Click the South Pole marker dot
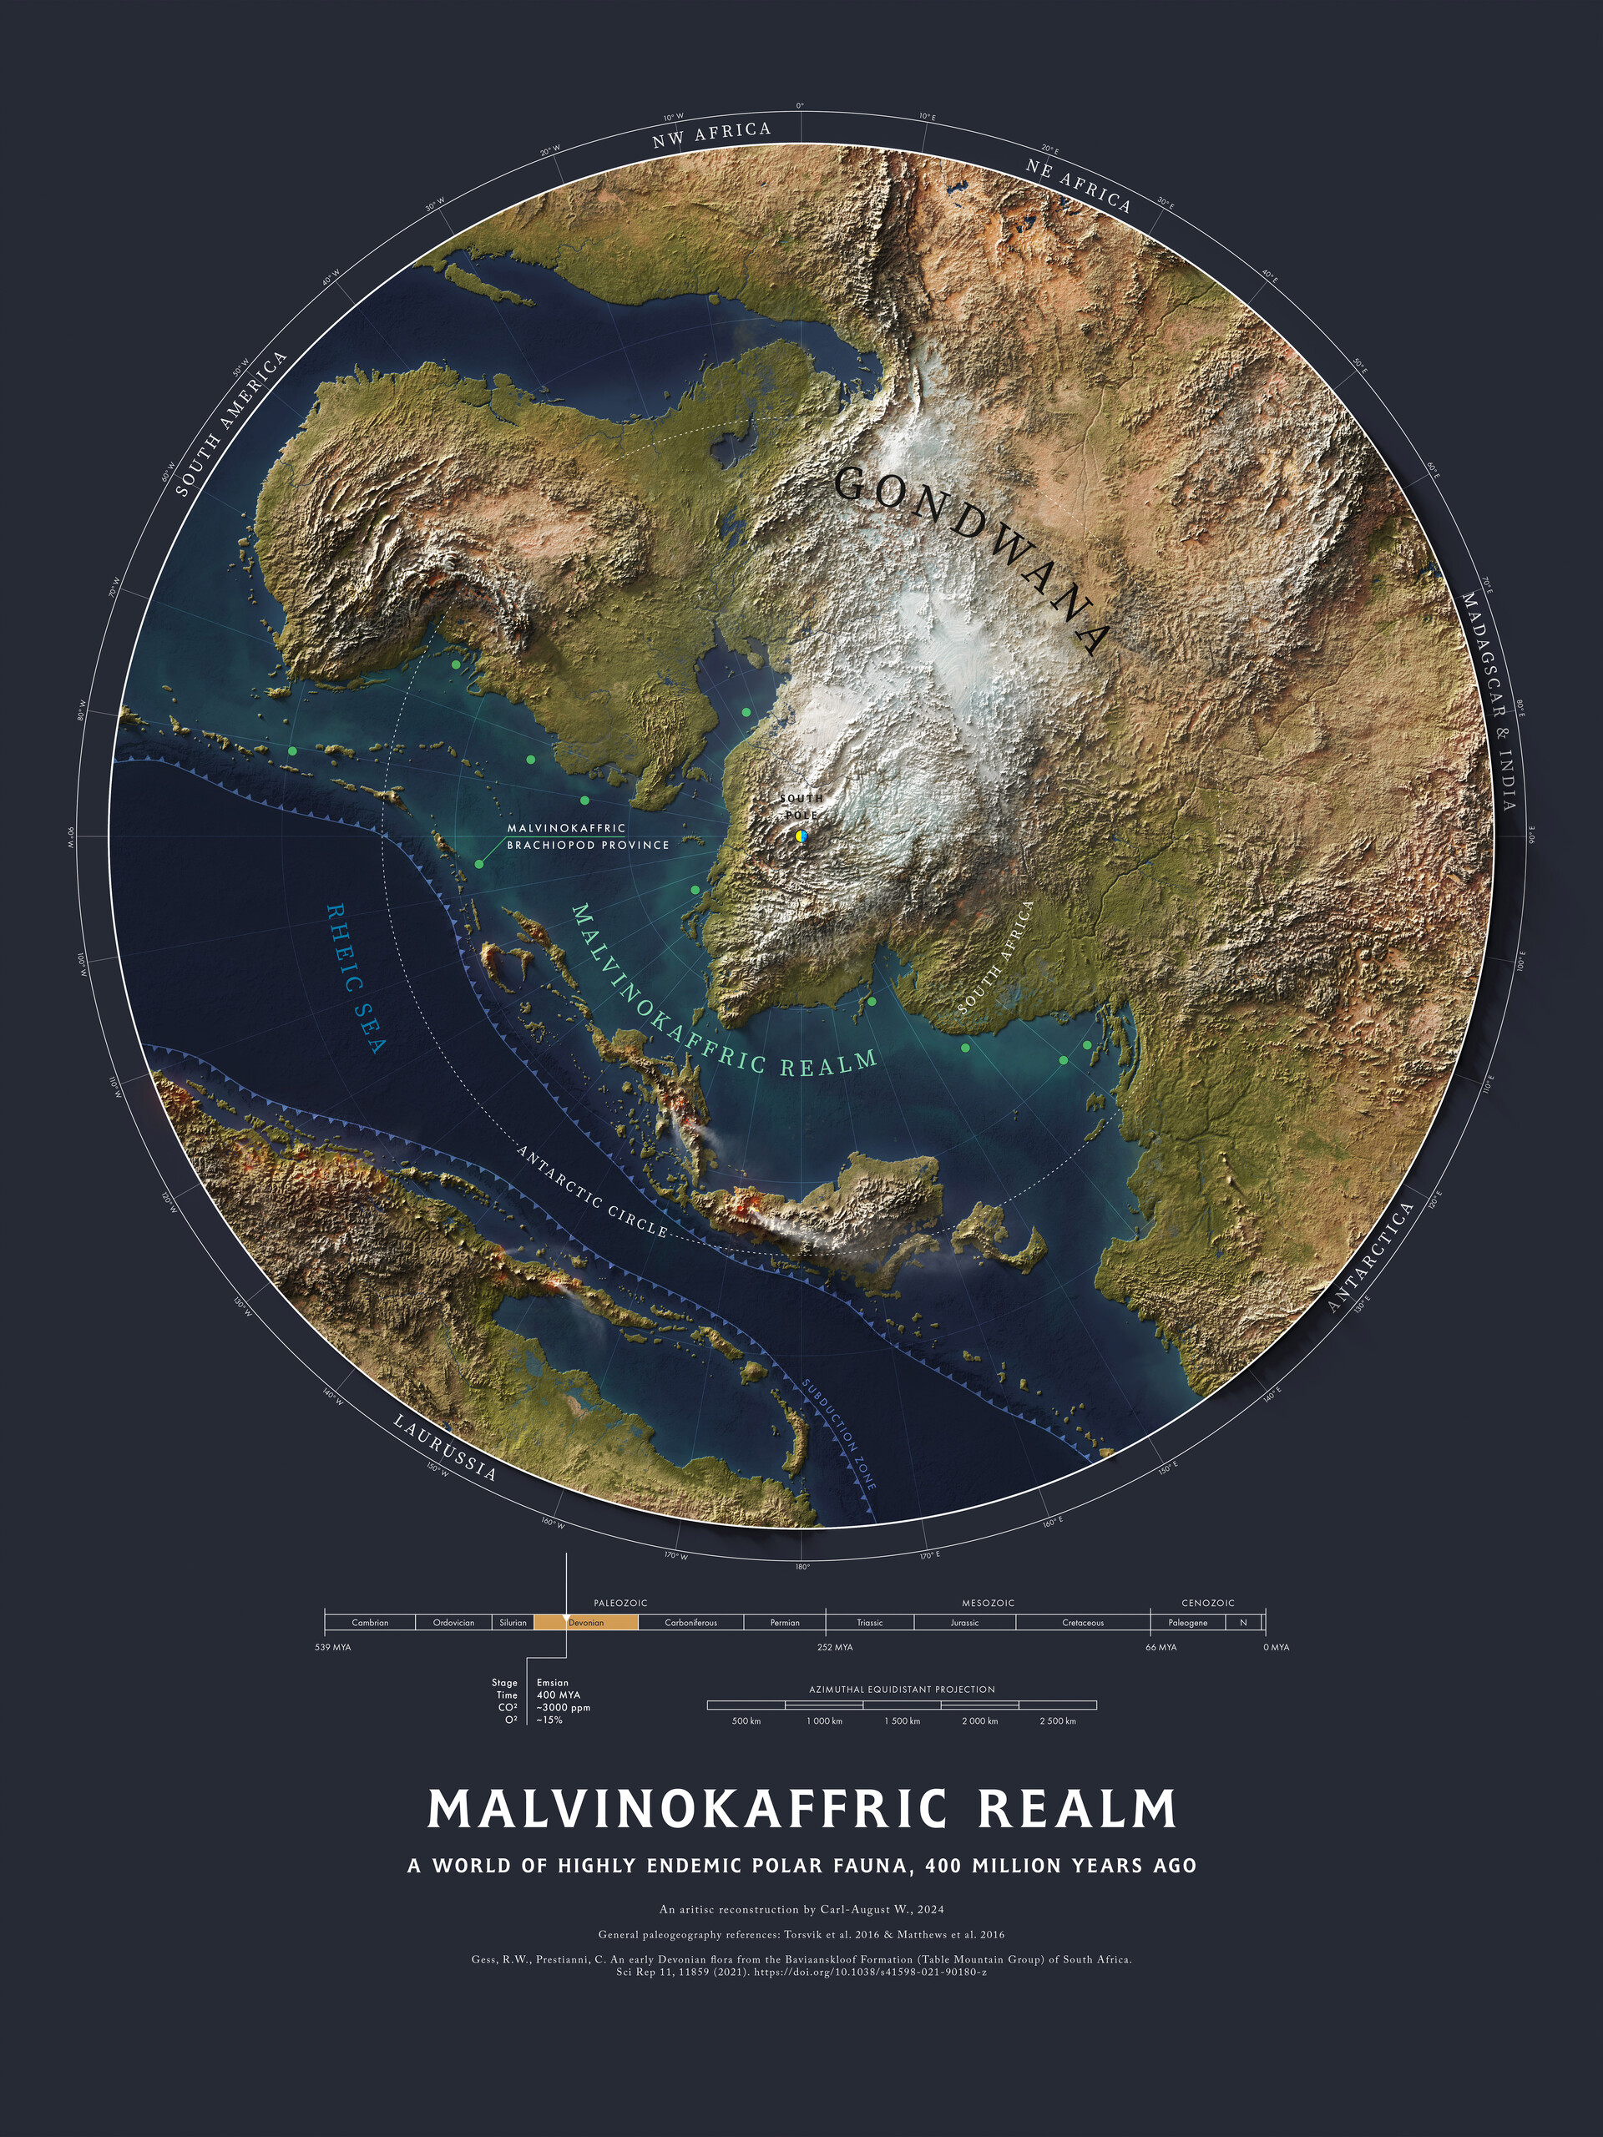800,836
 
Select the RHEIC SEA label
356,978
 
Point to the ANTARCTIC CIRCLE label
592,1192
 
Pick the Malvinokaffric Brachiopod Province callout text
588,836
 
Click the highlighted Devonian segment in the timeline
585,1622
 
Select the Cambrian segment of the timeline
370,1622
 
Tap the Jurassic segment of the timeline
964,1622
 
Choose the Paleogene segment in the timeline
1187,1622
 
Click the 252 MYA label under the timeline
835,1647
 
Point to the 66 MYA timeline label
1161,1647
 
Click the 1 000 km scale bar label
824,1720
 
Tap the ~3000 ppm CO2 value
564,1707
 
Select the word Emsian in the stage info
553,1682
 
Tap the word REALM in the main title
1076,1810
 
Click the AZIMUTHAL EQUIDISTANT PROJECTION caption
902,1690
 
